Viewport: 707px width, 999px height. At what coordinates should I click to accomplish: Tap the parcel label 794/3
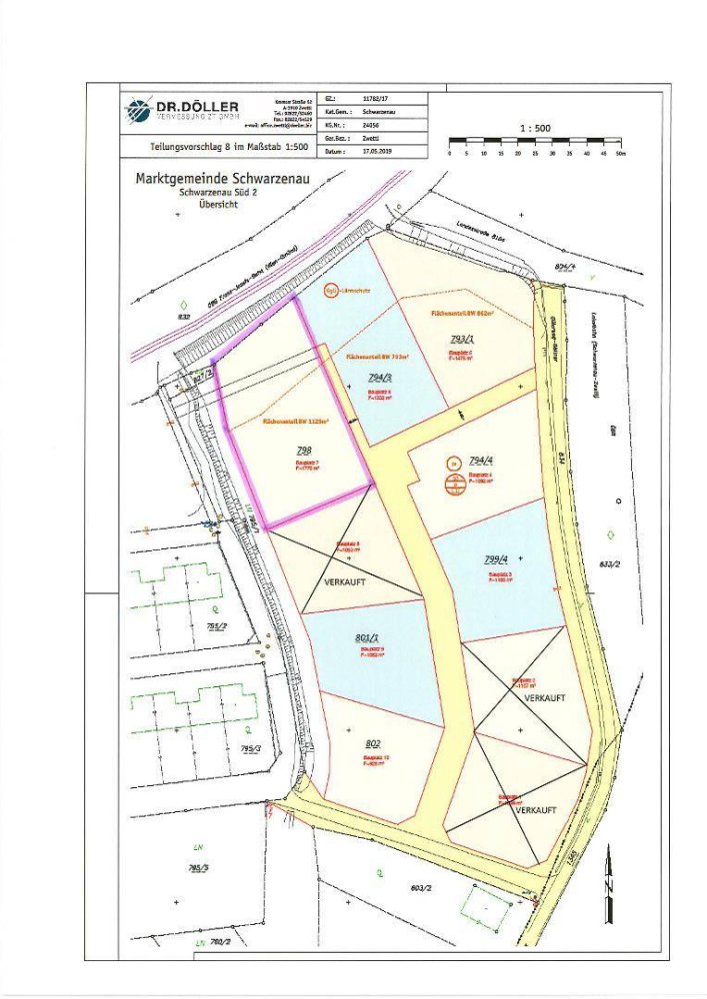pos(379,377)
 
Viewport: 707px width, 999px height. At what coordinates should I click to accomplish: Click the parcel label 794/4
pos(482,462)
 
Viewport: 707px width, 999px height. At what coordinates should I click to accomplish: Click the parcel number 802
pos(372,744)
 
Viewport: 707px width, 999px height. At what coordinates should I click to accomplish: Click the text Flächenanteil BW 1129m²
pos(296,422)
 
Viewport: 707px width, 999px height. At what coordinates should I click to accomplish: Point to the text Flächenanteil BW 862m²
pos(465,314)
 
